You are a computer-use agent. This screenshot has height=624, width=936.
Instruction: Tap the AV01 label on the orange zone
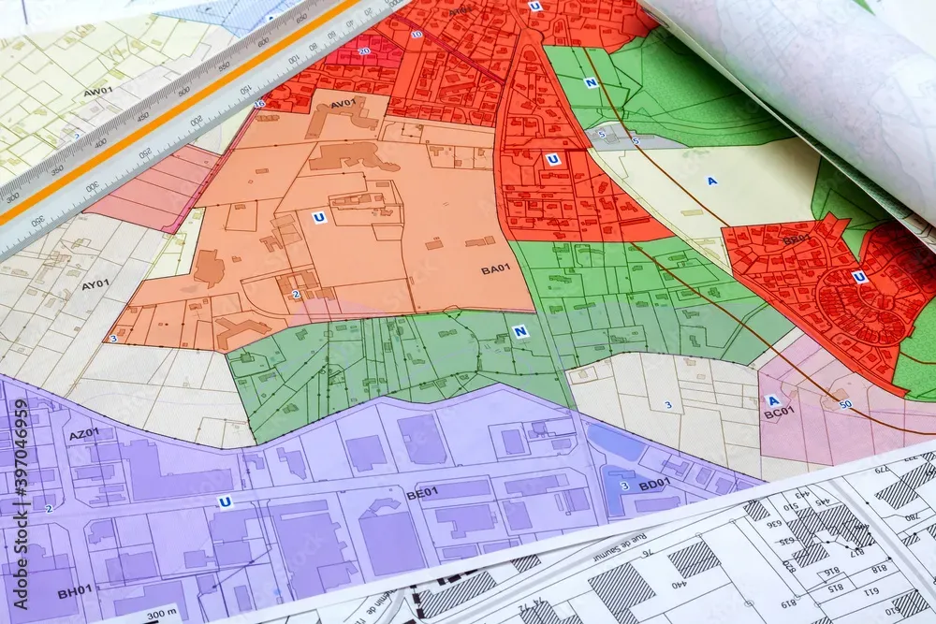click(343, 103)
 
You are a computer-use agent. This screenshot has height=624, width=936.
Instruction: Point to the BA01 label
click(495, 269)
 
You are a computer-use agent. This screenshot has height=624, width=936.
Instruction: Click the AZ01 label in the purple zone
click(83, 434)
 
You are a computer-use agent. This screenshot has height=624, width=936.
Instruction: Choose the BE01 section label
click(422, 491)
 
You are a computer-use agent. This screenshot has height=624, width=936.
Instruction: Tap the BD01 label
click(653, 484)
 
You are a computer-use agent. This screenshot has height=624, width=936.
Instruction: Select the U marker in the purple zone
click(225, 502)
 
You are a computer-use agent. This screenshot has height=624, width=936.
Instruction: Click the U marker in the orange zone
click(318, 217)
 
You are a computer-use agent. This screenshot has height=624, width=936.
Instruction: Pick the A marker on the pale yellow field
click(711, 181)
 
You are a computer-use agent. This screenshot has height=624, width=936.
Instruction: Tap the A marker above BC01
click(773, 399)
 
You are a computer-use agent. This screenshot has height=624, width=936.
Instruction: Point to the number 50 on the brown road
click(845, 404)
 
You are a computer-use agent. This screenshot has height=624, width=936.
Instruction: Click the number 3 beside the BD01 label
click(624, 486)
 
